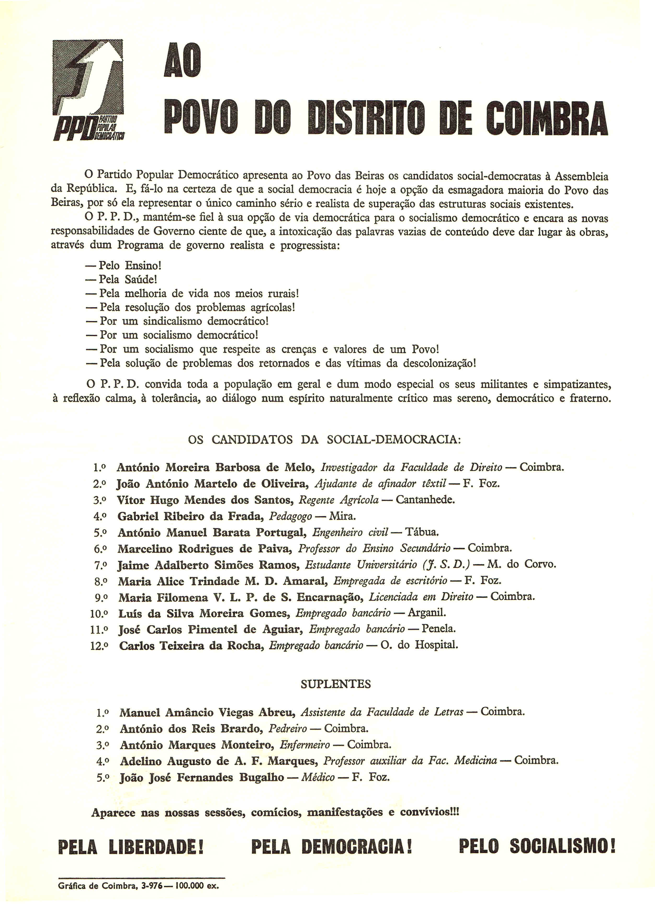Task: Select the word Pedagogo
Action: (290, 516)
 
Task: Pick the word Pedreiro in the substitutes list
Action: (288, 728)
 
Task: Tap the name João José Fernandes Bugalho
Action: (202, 777)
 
